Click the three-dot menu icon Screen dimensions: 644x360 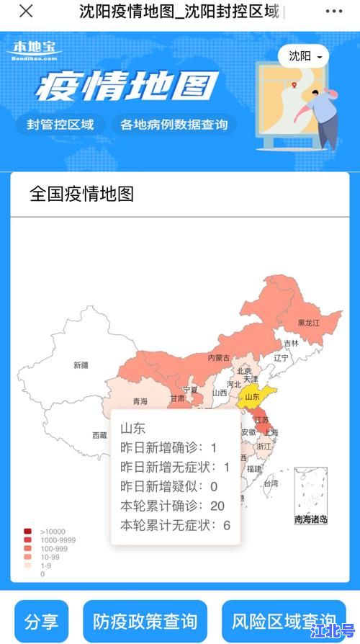point(334,12)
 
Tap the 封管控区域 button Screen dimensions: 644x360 point(60,124)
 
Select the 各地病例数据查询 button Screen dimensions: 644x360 point(174,124)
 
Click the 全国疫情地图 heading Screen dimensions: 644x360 point(81,194)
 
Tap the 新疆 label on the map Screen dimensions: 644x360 point(81,365)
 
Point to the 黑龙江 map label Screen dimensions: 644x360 point(308,324)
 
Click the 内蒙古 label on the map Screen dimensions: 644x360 point(219,358)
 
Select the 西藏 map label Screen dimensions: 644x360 point(99,435)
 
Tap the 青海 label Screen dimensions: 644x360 point(140,401)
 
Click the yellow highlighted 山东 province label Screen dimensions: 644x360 point(252,396)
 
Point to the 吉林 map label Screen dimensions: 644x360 point(291,344)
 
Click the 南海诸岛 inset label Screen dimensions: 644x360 point(311,519)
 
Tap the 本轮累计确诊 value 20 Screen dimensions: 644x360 point(217,506)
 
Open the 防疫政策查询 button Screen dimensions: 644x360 point(145,621)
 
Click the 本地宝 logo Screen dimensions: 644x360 point(34,48)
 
